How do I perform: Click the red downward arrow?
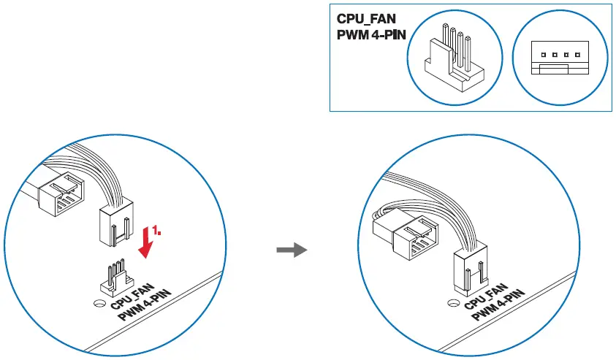147,242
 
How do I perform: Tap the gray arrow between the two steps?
292,250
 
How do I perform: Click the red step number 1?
156,231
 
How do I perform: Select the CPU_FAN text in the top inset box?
366,19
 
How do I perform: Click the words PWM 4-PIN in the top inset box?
371,34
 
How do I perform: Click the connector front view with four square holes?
560,58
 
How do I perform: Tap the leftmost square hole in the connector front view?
544,55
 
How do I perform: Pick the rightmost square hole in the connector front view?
577,55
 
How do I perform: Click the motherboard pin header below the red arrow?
117,278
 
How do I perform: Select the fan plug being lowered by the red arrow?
116,223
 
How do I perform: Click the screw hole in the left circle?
100,304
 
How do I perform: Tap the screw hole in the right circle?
454,303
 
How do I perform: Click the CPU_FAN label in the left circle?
133,296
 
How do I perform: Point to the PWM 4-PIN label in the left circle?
145,305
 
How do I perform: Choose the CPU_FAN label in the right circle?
487,296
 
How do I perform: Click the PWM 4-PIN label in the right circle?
498,305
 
